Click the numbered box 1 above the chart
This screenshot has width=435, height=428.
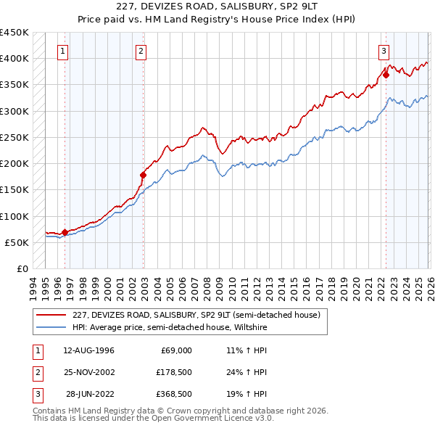point(64,51)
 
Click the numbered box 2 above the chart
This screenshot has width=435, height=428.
point(140,51)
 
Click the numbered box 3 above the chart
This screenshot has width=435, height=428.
point(383,51)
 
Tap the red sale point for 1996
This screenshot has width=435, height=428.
point(65,233)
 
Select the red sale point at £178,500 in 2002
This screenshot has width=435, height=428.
point(143,175)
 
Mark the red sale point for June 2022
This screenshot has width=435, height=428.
point(386,74)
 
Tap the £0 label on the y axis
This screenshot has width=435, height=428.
point(22,268)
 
